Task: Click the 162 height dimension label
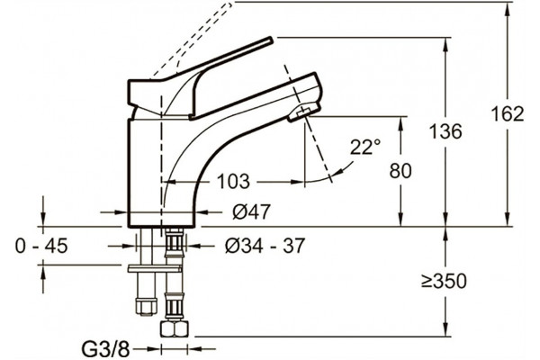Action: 507,113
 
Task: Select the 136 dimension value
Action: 445,131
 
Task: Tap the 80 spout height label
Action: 400,170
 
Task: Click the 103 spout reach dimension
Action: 233,181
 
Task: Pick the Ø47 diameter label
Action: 251,211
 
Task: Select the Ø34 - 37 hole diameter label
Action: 265,246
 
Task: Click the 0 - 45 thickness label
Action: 41,246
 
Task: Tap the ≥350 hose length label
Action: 445,281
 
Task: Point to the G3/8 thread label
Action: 105,349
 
